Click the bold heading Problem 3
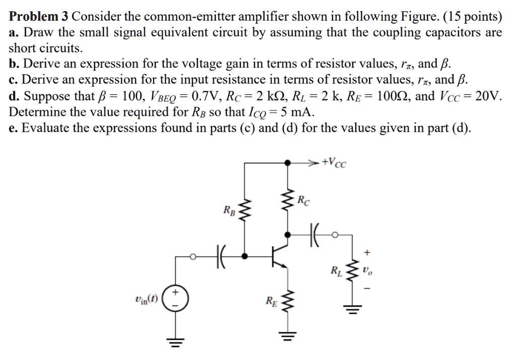[x=39, y=17]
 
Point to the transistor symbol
[x=279, y=256]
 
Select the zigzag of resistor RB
[x=245, y=213]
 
